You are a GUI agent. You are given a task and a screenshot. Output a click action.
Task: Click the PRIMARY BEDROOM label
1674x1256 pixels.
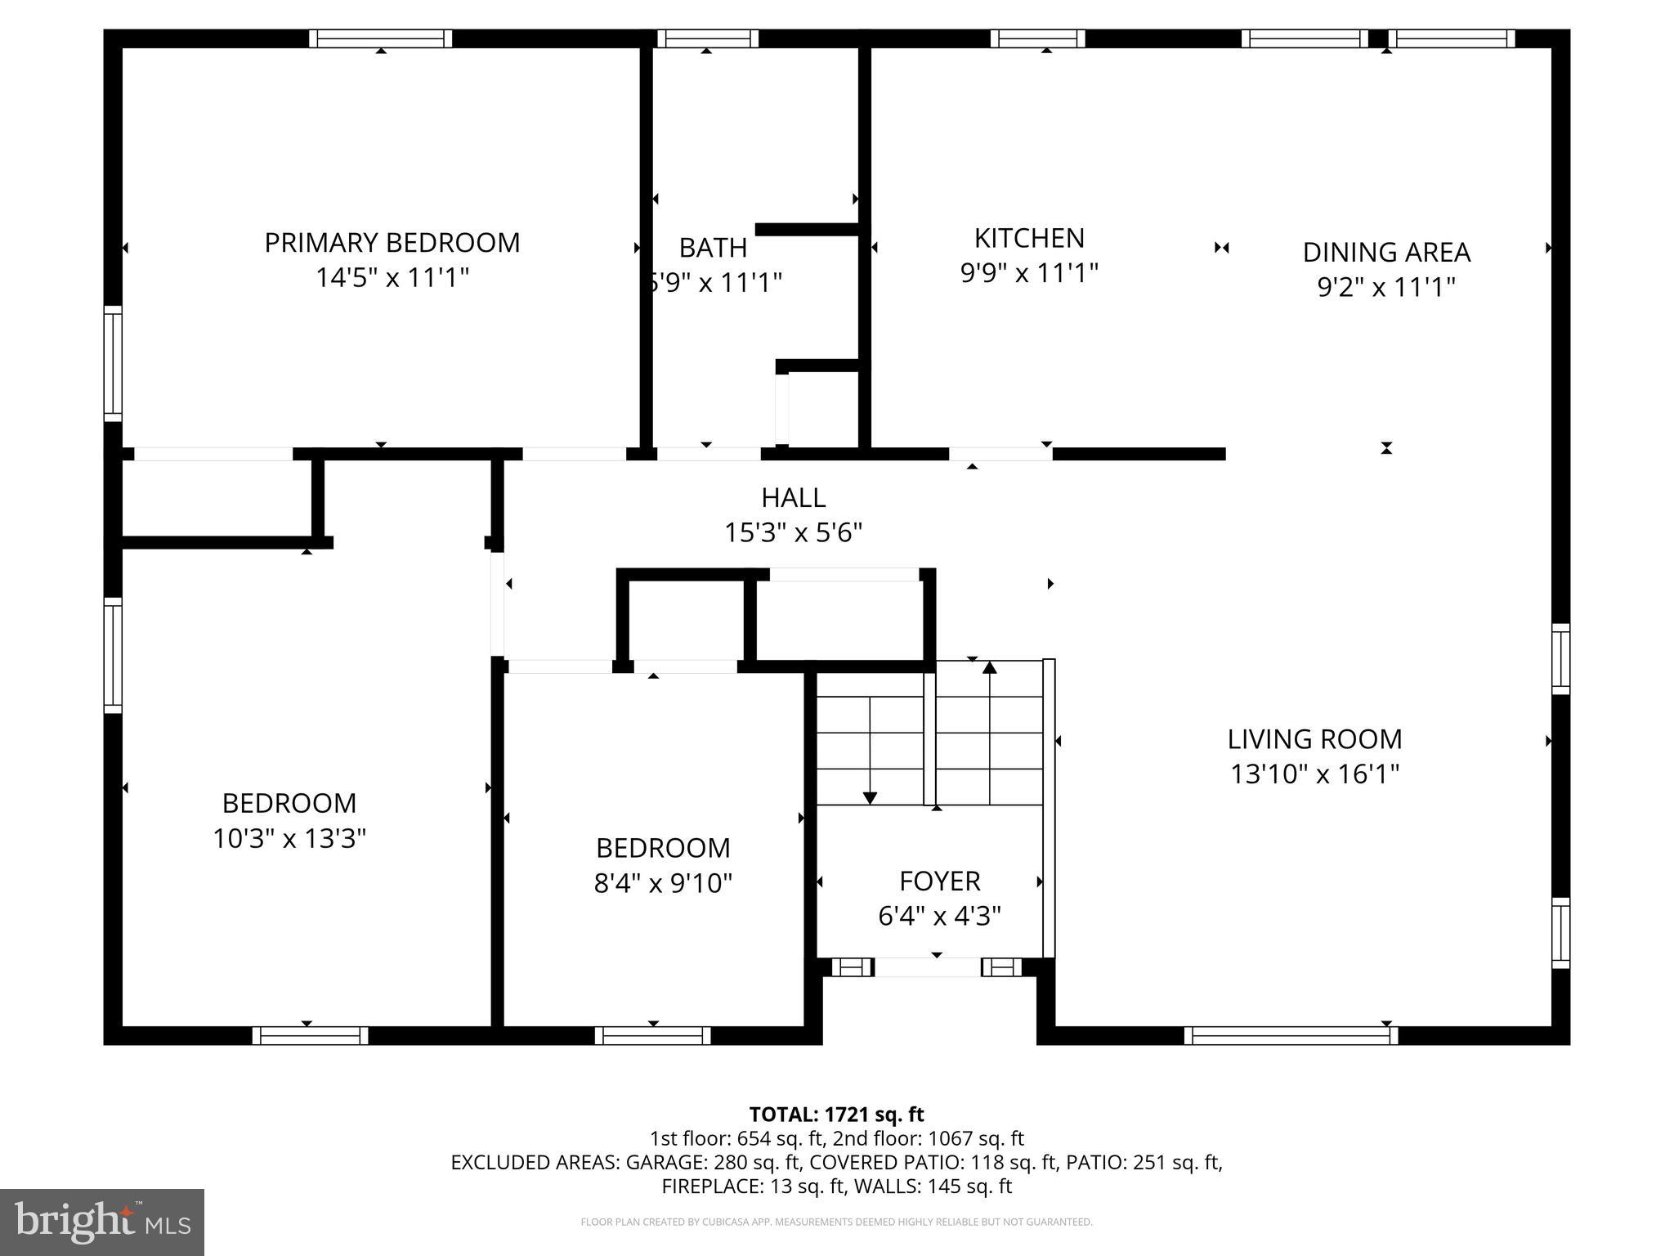tap(392, 243)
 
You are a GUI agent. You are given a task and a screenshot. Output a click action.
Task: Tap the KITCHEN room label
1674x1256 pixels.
tap(1029, 238)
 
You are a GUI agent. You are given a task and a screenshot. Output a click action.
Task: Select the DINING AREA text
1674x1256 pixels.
tap(1386, 252)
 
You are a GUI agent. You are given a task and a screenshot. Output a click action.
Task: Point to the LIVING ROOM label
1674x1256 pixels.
tap(1314, 739)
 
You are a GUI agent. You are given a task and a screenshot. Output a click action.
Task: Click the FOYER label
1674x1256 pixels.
tap(939, 881)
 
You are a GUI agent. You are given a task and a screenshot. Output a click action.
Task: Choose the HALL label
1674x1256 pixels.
tap(793, 497)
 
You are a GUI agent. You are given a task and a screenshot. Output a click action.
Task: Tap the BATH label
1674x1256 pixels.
tap(713, 247)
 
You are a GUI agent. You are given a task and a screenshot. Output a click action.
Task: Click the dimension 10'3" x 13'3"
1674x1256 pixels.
tap(289, 838)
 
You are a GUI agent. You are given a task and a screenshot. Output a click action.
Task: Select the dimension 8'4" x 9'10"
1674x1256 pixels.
tap(663, 883)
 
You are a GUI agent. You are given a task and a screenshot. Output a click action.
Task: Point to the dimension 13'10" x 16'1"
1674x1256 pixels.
tap(1314, 774)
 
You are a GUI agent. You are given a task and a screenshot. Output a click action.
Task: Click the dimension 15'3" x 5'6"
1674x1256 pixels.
tap(793, 533)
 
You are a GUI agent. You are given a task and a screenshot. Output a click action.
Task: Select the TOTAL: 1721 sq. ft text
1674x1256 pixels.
tap(836, 1115)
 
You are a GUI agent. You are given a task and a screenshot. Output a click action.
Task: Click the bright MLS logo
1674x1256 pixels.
tap(101, 1222)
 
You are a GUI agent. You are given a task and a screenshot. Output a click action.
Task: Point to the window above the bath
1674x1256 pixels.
tap(708, 38)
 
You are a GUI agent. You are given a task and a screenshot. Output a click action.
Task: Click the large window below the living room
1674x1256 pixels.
tap(1291, 1036)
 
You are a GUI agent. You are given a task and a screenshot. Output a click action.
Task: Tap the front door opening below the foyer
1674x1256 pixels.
tap(928, 967)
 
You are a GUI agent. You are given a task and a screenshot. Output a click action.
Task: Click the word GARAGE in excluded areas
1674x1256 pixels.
tap(665, 1162)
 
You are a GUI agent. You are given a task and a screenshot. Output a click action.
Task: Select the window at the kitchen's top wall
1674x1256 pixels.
tap(1037, 38)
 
